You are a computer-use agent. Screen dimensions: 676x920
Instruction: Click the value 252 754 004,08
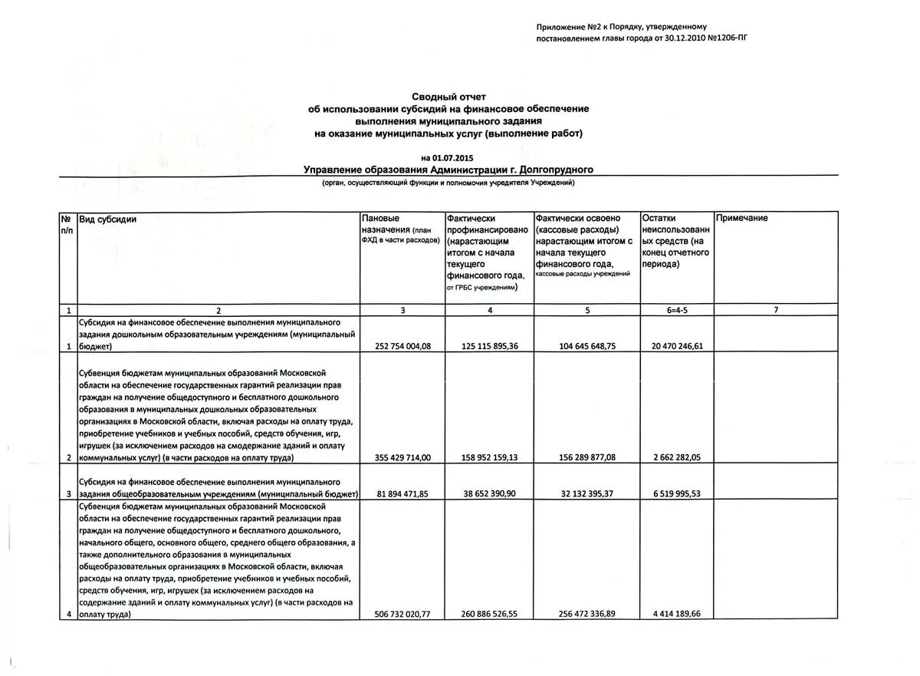click(403, 346)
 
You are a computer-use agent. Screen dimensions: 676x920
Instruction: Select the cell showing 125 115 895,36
click(490, 346)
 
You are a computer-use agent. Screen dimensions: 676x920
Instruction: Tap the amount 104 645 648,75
click(587, 346)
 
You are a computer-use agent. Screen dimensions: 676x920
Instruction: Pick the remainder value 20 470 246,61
click(677, 346)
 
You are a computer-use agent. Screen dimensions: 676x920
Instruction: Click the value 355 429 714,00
click(403, 457)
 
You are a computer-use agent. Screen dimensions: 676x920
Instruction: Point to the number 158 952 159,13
click(490, 457)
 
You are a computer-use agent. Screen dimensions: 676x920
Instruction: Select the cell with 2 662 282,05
click(677, 457)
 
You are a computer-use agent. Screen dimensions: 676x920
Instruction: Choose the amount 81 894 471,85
click(403, 494)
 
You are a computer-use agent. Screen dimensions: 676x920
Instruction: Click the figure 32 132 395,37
click(587, 494)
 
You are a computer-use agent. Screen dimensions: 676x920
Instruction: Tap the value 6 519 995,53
click(677, 494)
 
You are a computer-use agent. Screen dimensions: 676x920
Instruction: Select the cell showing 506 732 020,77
click(403, 614)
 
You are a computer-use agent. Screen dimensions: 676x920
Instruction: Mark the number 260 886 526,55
click(490, 614)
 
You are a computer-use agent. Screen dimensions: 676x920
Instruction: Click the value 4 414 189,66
click(677, 614)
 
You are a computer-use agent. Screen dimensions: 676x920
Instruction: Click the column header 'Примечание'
click(741, 219)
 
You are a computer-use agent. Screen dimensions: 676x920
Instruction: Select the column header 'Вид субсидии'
click(108, 219)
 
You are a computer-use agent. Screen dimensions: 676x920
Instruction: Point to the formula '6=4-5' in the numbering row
click(677, 310)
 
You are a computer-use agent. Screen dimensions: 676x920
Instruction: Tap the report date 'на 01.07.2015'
click(449, 158)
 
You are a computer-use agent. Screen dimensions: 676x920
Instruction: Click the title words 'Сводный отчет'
click(449, 97)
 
